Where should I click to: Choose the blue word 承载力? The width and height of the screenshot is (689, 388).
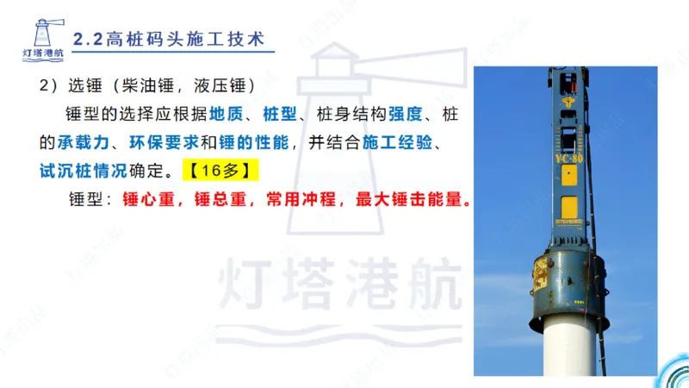coord(85,141)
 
